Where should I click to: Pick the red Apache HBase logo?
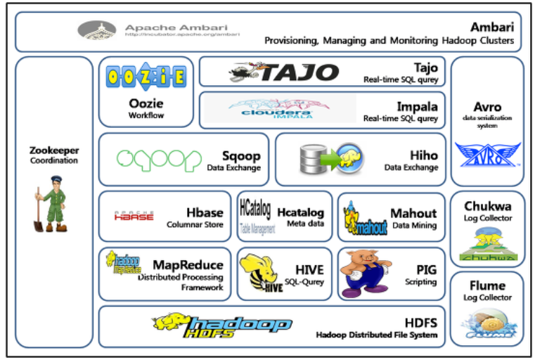(x=133, y=216)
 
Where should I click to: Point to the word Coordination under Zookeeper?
(x=53, y=160)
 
